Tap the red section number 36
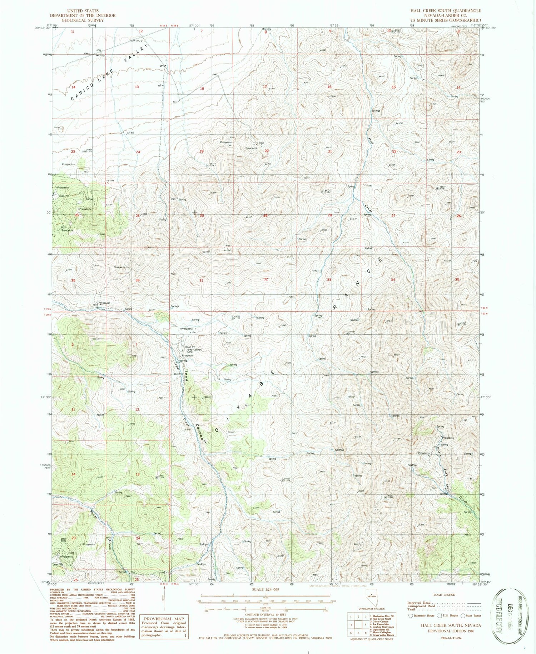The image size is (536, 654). [x=138, y=280]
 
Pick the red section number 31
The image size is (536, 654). [x=201, y=280]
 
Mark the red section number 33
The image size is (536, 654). [x=329, y=280]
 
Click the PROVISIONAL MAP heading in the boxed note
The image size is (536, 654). [x=164, y=618]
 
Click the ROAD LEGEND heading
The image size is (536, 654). [x=444, y=595]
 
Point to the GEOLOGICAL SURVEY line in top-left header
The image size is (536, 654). [x=83, y=20]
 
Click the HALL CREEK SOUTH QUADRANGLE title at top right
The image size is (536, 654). [x=445, y=11]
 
